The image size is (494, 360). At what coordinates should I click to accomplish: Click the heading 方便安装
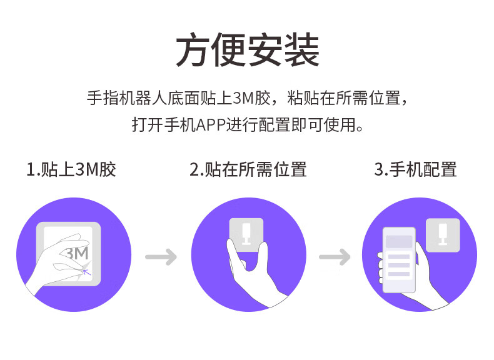coord(247,51)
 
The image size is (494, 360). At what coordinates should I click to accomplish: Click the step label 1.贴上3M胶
coord(71,169)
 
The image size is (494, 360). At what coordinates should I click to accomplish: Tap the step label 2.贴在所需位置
coord(248,169)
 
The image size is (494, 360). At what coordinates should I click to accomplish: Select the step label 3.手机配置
coord(415,169)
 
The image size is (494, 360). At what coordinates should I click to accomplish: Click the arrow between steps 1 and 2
coord(161,256)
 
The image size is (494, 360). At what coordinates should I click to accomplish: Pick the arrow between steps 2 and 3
coord(335,256)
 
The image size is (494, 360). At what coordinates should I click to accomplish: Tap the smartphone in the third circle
coord(399,260)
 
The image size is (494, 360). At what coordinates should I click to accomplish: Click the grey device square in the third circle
coord(443,235)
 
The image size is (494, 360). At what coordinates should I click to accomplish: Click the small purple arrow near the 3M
coord(86,270)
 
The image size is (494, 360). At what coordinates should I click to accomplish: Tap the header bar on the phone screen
coord(399,241)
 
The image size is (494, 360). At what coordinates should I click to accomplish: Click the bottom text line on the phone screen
coord(399,274)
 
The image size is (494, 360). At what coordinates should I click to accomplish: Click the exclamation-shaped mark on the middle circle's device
coord(246,232)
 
